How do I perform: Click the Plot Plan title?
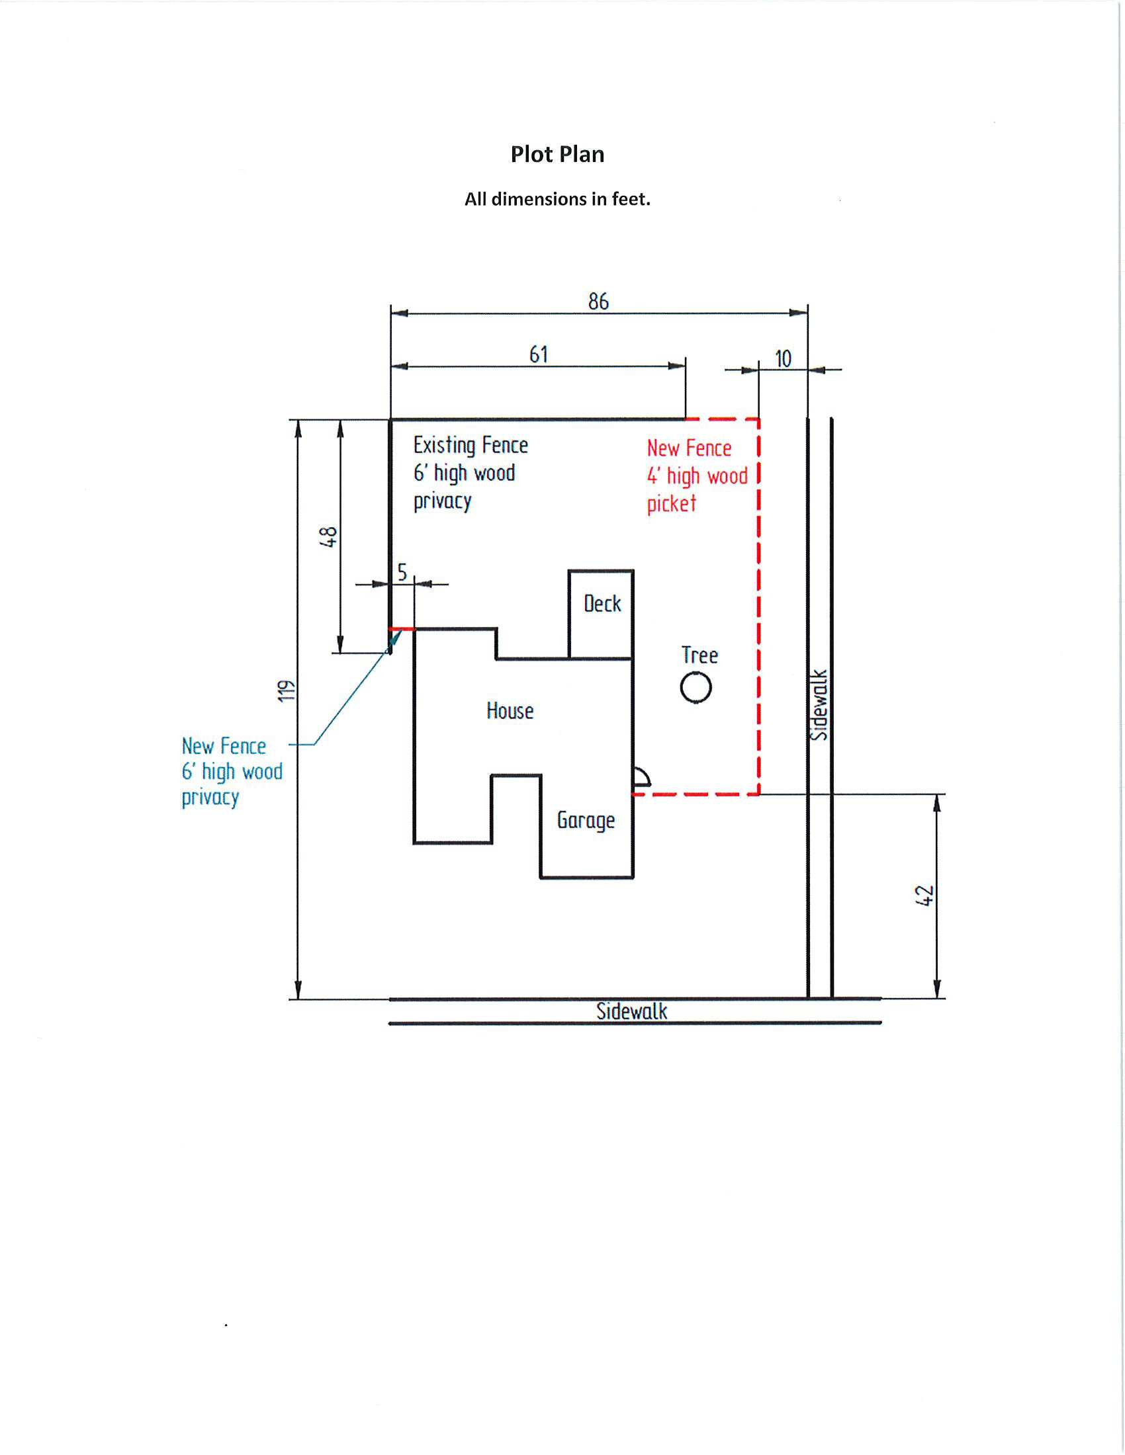pos(557,155)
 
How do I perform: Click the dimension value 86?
pos(598,302)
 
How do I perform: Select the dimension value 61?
pos(539,354)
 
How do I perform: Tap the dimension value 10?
pos(783,359)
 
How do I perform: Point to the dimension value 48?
pos(329,536)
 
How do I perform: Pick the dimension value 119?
pos(286,691)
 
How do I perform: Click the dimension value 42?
pos(924,895)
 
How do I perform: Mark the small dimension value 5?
pos(402,572)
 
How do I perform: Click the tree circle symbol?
pos(696,688)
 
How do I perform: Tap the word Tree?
pos(699,655)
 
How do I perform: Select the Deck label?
pos(602,604)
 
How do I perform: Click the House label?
pos(510,711)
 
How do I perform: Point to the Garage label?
pos(586,821)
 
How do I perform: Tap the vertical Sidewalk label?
pos(819,705)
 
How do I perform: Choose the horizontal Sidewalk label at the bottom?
pos(631,1011)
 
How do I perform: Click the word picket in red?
pos(671,504)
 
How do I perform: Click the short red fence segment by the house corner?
pos(402,629)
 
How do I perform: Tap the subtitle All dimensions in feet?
pos(557,199)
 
